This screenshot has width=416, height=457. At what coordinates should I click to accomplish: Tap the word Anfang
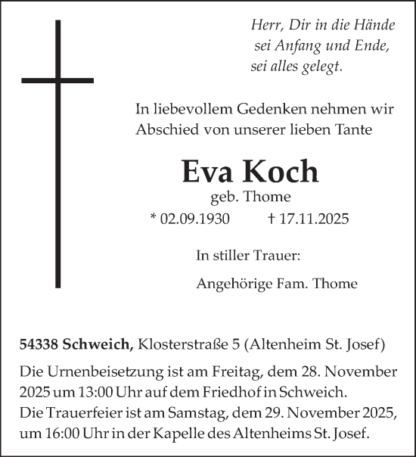pyautogui.click(x=297, y=45)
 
